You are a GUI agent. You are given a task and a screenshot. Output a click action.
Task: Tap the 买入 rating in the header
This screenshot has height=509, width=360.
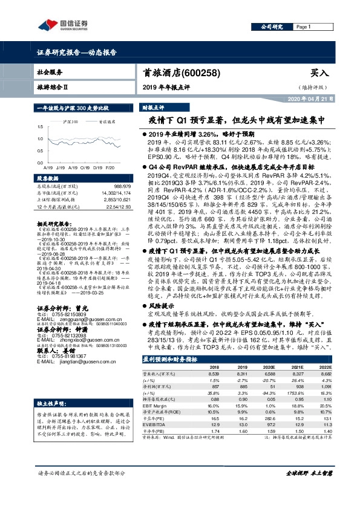click(x=318, y=73)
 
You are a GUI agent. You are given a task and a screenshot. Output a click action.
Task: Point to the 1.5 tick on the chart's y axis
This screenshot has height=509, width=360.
click(x=39, y=127)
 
